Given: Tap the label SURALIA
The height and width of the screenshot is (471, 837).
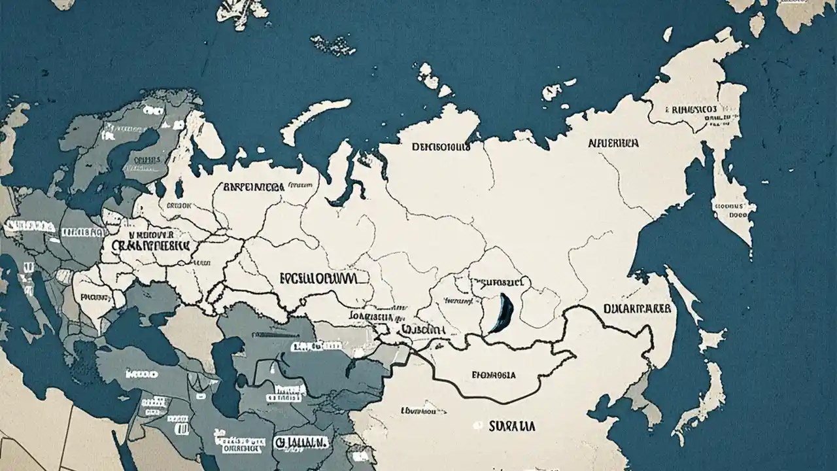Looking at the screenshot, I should (512, 426).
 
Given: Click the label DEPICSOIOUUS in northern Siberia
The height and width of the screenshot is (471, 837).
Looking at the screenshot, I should (441, 147).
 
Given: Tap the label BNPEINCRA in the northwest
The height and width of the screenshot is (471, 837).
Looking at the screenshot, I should (254, 187).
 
